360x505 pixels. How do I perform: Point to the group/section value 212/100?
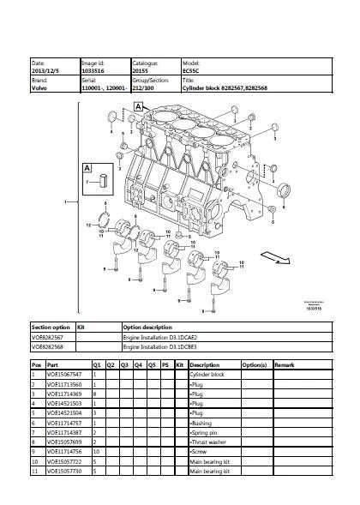click(x=142, y=87)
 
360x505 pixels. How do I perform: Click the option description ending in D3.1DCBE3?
click(x=160, y=347)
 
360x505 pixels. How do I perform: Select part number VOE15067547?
click(x=64, y=375)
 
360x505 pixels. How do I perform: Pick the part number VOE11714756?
click(x=64, y=450)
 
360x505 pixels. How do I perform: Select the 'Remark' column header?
click(x=285, y=365)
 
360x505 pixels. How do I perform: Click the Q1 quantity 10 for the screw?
click(x=96, y=450)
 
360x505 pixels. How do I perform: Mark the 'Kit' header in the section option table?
click(x=81, y=327)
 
